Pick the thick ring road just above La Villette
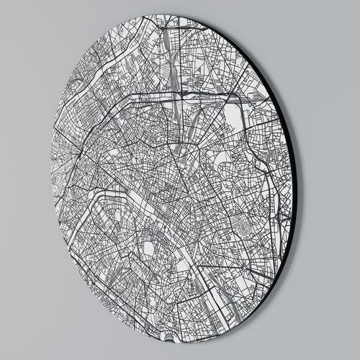tap(216, 94)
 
